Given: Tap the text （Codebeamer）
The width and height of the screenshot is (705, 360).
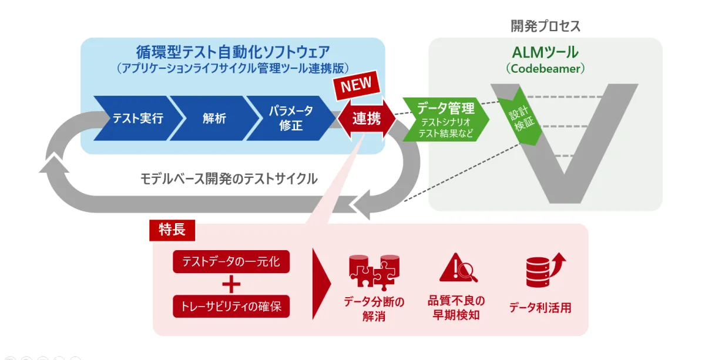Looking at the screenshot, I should pos(545,69).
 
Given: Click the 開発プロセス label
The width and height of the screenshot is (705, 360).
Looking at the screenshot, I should pos(545,26).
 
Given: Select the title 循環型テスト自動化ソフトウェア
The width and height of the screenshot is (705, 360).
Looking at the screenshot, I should pos(233,52).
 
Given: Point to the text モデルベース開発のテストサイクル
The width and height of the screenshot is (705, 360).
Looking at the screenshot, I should pos(229,179).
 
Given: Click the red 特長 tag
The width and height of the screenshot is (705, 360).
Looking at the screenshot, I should pos(172,230).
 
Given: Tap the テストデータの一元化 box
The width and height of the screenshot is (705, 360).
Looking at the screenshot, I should pos(231,262).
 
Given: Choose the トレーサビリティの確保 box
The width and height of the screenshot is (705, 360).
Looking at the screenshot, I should pos(231,306).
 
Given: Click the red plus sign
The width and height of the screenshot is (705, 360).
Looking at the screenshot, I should pos(231,284).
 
